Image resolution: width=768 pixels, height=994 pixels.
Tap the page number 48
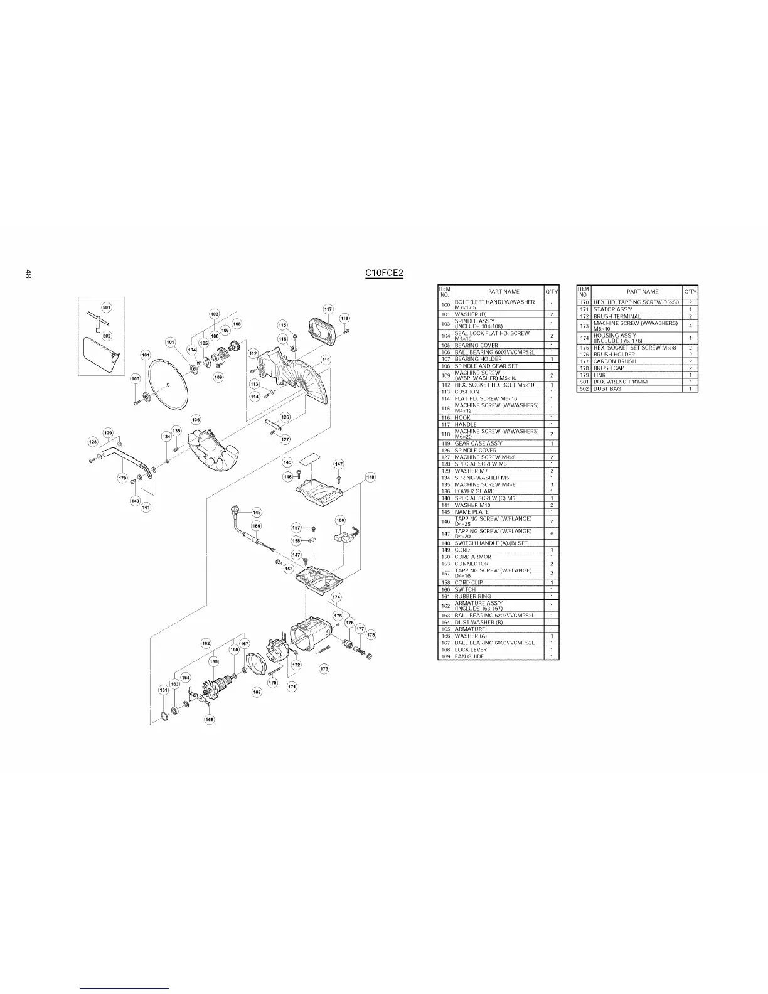click(29, 274)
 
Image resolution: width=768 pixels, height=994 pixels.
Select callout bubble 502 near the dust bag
click(107, 336)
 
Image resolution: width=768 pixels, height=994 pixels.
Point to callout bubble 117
click(328, 309)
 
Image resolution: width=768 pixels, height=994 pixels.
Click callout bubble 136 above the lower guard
click(196, 419)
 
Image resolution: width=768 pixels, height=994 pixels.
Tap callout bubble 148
click(370, 478)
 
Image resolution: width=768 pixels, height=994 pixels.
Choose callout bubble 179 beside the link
click(123, 479)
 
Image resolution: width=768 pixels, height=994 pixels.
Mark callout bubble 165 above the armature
click(213, 661)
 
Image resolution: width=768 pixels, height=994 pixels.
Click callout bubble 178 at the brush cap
click(371, 635)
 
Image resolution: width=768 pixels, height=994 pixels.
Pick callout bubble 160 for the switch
click(340, 520)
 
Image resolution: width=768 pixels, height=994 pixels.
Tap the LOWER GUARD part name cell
click(474, 491)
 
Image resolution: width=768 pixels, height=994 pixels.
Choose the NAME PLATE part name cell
click(472, 512)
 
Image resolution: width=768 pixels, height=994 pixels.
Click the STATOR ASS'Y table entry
click(609, 309)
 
